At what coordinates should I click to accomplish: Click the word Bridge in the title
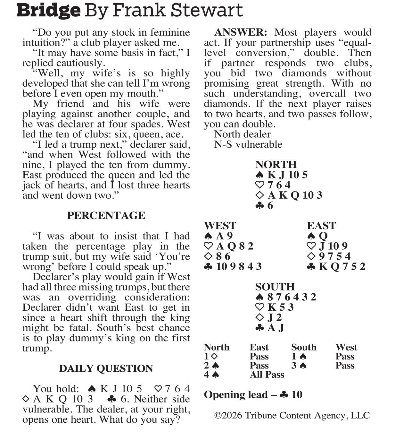pyautogui.click(x=48, y=10)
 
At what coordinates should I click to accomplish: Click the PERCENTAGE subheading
pyautogui.click(x=106, y=215)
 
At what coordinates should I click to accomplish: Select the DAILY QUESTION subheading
pyautogui.click(x=106, y=368)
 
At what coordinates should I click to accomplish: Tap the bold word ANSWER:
pyautogui.click(x=240, y=32)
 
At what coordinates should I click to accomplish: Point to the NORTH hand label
pyautogui.click(x=276, y=165)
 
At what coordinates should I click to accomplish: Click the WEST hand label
pyautogui.click(x=220, y=226)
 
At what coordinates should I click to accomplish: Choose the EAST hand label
pyautogui.click(x=321, y=226)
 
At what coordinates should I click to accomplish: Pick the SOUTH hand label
pyautogui.click(x=275, y=287)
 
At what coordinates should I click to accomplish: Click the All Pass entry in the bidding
pyautogui.click(x=267, y=375)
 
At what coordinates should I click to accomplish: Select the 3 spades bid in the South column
pyautogui.click(x=299, y=366)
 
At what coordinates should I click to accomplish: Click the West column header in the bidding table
pyautogui.click(x=346, y=347)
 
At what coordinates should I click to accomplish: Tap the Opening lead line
pyautogui.click(x=253, y=395)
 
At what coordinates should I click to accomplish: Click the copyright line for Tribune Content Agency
pyautogui.click(x=292, y=415)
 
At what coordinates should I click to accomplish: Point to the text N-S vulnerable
pyautogui.click(x=248, y=144)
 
